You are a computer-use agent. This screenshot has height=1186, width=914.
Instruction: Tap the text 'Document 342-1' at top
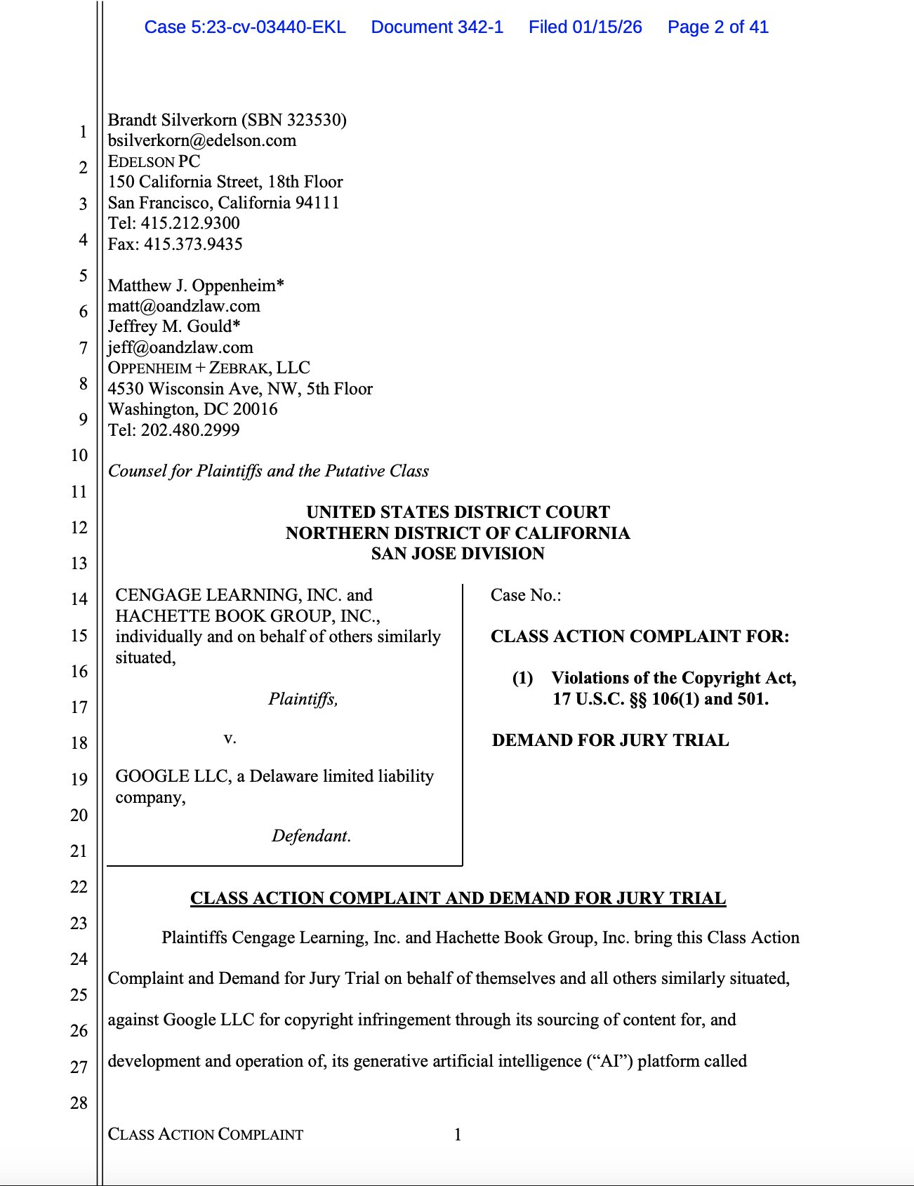click(x=437, y=27)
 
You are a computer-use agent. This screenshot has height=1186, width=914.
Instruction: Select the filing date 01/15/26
click(x=607, y=27)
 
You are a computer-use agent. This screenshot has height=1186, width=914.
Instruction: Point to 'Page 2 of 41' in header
click(x=717, y=27)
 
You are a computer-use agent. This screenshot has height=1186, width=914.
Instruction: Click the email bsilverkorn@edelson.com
click(x=202, y=140)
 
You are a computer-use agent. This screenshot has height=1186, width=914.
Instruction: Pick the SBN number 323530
click(x=314, y=120)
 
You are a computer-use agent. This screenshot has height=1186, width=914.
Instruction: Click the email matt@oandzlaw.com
click(x=184, y=306)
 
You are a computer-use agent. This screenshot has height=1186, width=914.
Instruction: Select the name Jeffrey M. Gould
click(x=170, y=326)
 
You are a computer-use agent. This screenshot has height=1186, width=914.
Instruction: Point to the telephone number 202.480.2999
click(x=190, y=429)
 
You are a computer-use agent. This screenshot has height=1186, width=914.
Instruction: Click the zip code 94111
click(x=317, y=203)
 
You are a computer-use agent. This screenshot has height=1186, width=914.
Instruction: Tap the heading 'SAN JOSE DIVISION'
click(x=458, y=554)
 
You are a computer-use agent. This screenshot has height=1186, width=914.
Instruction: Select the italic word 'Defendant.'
click(x=311, y=836)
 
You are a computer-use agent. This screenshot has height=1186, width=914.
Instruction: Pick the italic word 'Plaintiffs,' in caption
click(x=303, y=699)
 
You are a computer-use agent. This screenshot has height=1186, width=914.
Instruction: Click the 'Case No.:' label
click(x=526, y=595)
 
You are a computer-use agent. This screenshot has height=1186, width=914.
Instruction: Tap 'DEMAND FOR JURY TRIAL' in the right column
click(x=610, y=740)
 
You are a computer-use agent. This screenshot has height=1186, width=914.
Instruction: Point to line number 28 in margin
click(x=79, y=1102)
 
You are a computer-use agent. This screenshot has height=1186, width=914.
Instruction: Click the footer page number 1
click(x=458, y=1135)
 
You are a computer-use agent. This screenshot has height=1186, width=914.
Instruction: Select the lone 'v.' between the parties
click(x=230, y=738)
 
